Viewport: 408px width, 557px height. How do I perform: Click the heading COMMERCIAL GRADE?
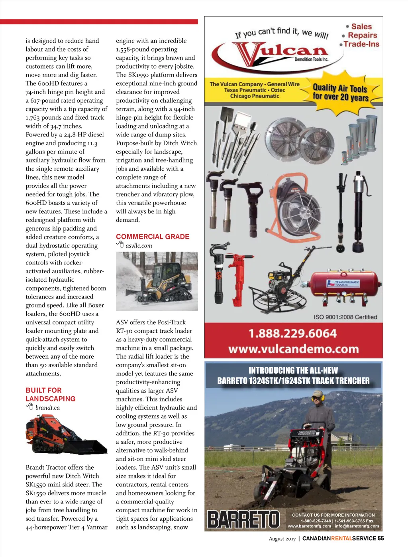(153, 237)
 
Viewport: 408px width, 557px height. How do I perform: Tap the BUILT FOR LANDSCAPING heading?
(51, 394)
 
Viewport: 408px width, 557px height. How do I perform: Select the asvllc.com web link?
(139, 246)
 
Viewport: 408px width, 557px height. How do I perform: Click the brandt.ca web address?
(47, 408)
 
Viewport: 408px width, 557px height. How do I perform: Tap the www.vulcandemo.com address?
(294, 349)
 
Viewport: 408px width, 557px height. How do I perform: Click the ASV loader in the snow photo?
(157, 281)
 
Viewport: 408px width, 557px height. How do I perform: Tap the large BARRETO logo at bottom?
(243, 519)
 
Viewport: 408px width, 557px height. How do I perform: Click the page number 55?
(381, 538)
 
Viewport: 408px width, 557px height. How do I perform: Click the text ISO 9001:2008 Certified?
(345, 317)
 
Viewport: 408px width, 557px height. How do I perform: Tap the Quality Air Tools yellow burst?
(341, 92)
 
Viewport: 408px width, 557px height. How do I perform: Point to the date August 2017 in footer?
(282, 539)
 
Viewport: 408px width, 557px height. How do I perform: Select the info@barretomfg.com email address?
(357, 526)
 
